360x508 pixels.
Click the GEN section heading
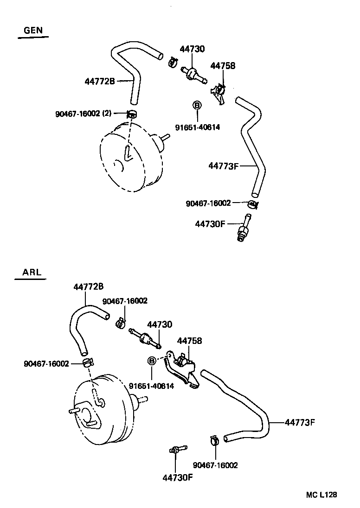click(x=33, y=31)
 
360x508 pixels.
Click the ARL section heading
click(x=32, y=272)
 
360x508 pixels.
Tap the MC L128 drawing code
click(x=321, y=495)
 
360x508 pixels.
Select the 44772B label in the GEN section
click(x=100, y=81)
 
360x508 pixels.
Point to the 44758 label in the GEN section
click(x=223, y=66)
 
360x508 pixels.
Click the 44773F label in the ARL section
click(x=300, y=422)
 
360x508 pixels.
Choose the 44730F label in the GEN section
click(x=210, y=224)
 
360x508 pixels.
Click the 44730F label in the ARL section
click(x=177, y=477)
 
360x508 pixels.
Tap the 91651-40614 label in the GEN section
click(x=197, y=127)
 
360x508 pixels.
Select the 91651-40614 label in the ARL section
click(x=151, y=386)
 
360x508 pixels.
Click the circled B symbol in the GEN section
click(x=197, y=106)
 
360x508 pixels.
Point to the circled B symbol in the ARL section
click(x=151, y=361)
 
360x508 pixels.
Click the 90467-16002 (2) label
click(x=83, y=113)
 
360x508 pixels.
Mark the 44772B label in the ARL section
click(x=88, y=287)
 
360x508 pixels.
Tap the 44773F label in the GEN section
click(x=223, y=165)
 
